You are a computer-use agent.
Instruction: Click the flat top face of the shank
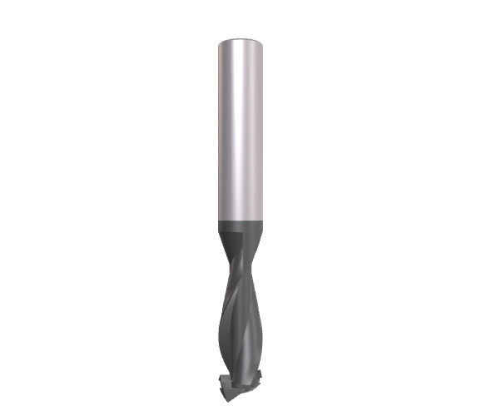240,42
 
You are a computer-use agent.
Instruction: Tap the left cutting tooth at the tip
223,384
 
